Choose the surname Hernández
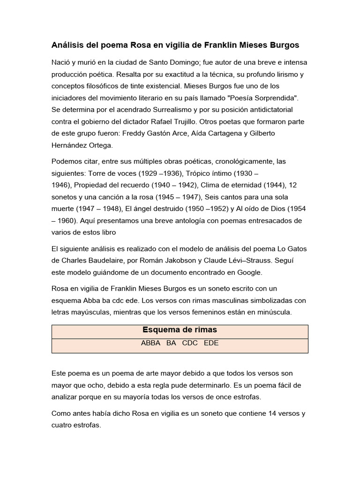click(x=70, y=145)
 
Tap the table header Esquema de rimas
click(x=180, y=330)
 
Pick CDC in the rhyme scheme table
click(x=190, y=343)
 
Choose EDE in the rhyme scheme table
click(x=211, y=343)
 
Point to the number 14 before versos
click(x=273, y=414)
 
